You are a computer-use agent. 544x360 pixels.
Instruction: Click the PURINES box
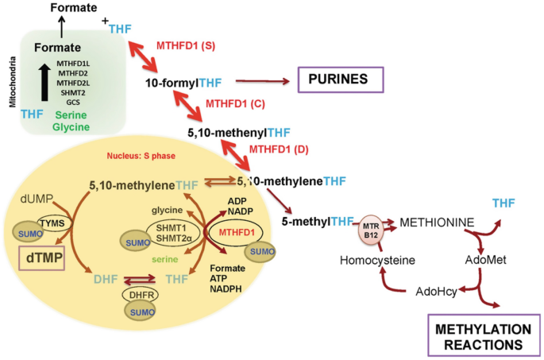tap(339, 80)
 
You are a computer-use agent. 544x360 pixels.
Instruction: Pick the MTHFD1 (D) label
tap(278, 149)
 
